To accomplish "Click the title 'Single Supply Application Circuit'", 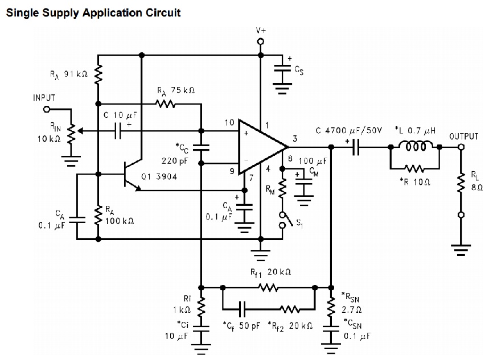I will (x=93, y=12).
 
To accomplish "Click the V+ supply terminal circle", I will (x=261, y=42).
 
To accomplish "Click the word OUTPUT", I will (x=464, y=136).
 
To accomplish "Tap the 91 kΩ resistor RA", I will (x=98, y=73).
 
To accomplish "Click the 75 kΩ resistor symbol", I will (x=167, y=104).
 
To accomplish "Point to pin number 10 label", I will (x=229, y=123).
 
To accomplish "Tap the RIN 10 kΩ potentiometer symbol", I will (x=71, y=133).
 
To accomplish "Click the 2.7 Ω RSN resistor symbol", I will (x=331, y=308).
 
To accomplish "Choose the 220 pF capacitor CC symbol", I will (x=200, y=148).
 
